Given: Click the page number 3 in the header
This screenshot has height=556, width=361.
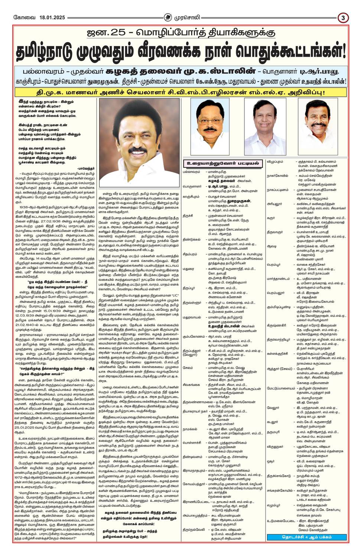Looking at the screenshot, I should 343,17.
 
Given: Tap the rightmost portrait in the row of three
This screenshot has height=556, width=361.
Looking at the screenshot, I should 318,127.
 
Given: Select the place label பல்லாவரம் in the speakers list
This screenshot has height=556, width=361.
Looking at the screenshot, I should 191,172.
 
